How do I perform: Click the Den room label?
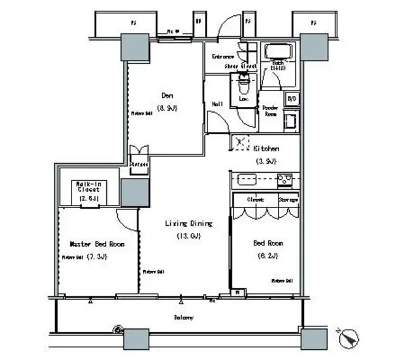[168, 96]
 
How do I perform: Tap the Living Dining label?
[188, 223]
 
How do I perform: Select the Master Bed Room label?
[97, 244]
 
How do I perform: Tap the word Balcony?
[184, 318]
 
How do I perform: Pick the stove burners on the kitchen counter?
[284, 180]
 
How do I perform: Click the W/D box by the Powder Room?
[292, 99]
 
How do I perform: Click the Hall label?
[216, 105]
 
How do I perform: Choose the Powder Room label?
[271, 111]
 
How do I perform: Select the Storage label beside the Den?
[139, 164]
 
